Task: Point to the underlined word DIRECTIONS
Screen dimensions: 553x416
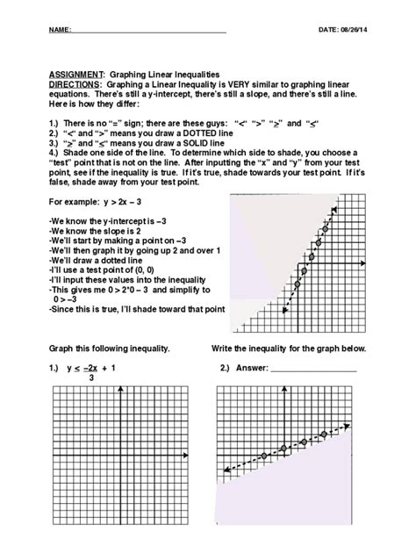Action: [x=75, y=85]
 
